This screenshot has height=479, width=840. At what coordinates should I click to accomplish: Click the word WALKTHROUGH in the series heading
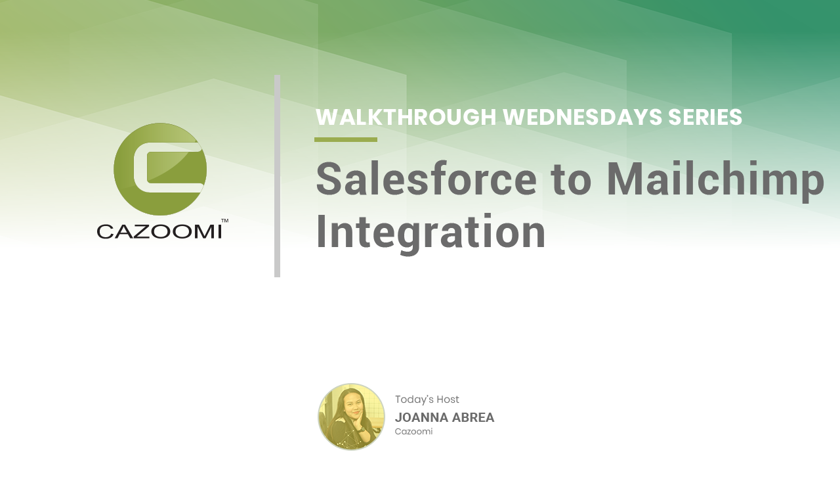tap(406, 117)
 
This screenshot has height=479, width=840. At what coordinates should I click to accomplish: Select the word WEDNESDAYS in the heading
tap(582, 117)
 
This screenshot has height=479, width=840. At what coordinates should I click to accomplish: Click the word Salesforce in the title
tap(427, 179)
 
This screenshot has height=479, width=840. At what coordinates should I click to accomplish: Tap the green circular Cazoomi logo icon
tap(160, 170)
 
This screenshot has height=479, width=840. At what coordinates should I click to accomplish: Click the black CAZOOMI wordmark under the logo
tap(159, 231)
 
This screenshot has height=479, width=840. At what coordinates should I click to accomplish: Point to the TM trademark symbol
tap(224, 221)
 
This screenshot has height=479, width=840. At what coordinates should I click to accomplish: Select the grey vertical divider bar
tap(277, 176)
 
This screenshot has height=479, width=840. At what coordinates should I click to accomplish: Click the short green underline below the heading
tap(346, 140)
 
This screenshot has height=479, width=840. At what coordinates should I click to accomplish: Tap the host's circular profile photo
tap(351, 417)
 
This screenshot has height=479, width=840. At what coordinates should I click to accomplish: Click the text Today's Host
tap(427, 399)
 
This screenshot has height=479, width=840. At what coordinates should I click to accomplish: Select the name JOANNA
tap(421, 417)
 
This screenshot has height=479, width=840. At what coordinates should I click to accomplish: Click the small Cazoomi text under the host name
tap(413, 431)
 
